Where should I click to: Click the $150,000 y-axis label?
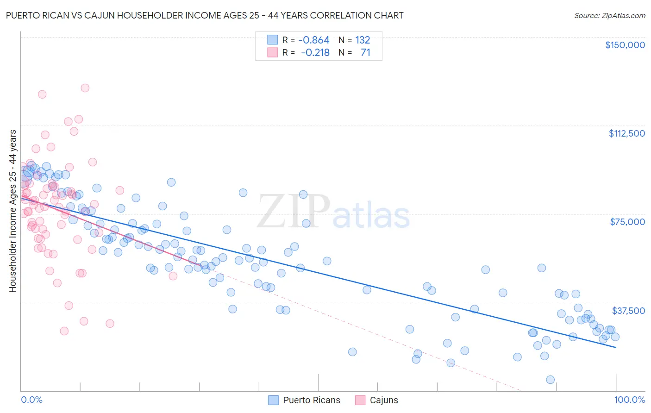625,45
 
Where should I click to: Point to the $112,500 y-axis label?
626,133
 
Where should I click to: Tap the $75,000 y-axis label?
627,222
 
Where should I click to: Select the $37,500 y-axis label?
628,311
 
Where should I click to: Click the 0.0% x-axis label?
31,400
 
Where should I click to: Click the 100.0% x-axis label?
629,400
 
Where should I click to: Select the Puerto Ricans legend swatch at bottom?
273,400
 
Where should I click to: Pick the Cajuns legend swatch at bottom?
360,400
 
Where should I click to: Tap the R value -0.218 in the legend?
316,53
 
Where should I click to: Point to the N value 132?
363,40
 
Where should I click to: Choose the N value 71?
365,53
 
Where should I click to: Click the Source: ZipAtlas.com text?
609,15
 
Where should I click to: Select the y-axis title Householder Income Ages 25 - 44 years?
13,211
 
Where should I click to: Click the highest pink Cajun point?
85,88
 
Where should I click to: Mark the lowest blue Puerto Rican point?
550,380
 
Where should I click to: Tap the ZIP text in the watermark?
294,211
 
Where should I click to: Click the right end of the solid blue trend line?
616,347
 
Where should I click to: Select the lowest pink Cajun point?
64,331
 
